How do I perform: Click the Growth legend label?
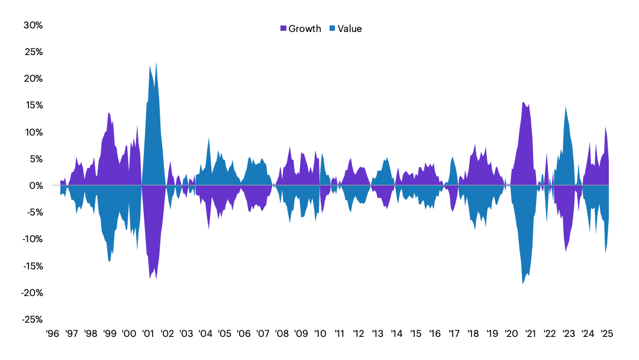pyautogui.click(x=305, y=28)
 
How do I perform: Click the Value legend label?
pyautogui.click(x=349, y=28)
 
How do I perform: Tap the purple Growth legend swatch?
pyautogui.click(x=283, y=28)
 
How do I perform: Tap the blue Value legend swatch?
pyautogui.click(x=332, y=28)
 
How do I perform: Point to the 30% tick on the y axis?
pyautogui.click(x=33, y=25)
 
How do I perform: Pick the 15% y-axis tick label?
pyautogui.click(x=33, y=105)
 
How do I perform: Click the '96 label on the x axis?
pyautogui.click(x=52, y=333)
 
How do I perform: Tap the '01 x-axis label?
pyautogui.click(x=148, y=333)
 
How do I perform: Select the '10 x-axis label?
pyautogui.click(x=320, y=333)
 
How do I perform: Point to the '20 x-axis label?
pyautogui.click(x=511, y=333)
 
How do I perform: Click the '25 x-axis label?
pyautogui.click(x=606, y=333)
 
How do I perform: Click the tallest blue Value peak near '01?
pyautogui.click(x=156, y=64)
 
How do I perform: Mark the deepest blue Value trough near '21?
pyautogui.click(x=523, y=282)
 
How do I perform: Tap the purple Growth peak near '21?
pyautogui.click(x=523, y=103)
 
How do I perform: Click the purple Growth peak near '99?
pyautogui.click(x=109, y=114)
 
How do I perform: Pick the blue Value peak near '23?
pyautogui.click(x=566, y=108)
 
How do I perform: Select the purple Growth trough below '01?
pyautogui.click(x=156, y=277)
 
